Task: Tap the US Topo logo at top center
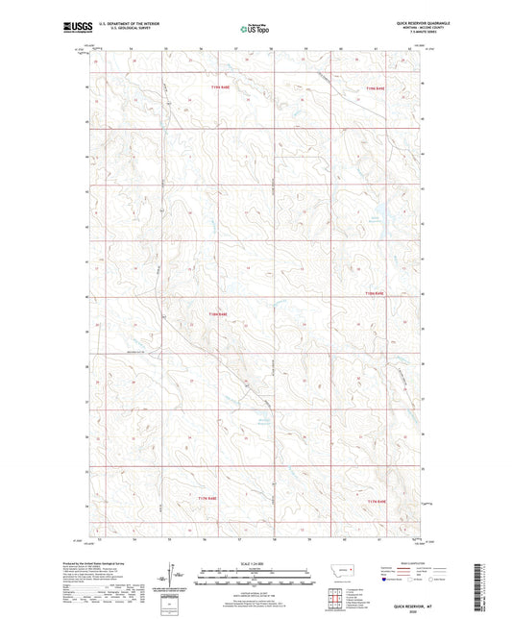254,29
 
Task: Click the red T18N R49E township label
374,293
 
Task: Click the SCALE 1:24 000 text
256,563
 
